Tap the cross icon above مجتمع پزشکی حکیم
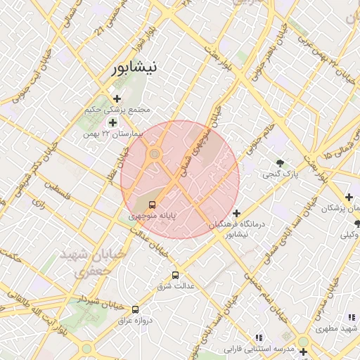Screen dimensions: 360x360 coord(117,98)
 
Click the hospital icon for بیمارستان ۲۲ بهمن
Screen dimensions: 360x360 coord(112,123)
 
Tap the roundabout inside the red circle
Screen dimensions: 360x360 coord(155,154)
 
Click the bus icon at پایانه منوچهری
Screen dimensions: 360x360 coord(153,205)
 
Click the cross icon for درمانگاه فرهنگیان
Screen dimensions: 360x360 coord(236,213)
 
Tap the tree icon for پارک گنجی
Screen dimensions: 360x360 coord(281,162)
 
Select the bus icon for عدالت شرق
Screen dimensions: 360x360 coord(175,275)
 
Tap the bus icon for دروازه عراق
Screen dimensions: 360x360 coord(135,309)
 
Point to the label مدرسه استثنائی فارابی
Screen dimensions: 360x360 coord(258,349)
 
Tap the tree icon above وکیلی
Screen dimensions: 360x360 coord(356,224)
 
